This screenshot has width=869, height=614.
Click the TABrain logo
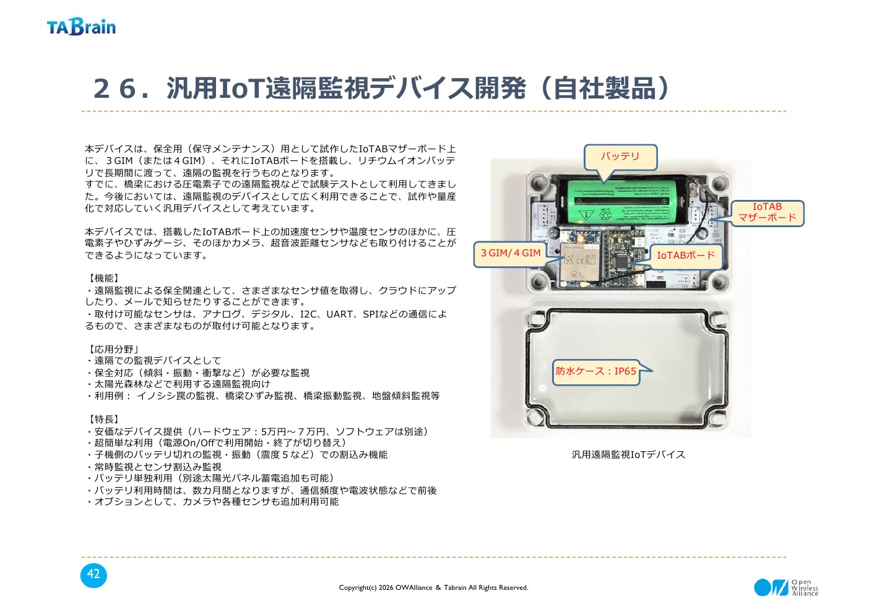(x=81, y=27)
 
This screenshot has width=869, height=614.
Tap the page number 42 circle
(x=93, y=575)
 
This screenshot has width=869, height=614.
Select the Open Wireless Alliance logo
(x=786, y=587)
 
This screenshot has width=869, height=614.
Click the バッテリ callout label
(x=620, y=157)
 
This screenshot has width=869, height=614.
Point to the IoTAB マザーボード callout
(x=767, y=213)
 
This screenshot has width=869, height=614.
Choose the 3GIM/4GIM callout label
(x=511, y=254)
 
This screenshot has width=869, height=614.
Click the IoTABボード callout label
(x=686, y=256)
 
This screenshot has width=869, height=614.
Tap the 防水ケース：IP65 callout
(x=596, y=371)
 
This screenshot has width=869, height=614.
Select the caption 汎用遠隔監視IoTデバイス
(x=628, y=454)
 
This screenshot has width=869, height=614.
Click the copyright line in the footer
(x=433, y=587)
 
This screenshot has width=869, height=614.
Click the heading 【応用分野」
(x=112, y=349)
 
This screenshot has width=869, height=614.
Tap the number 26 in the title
(x=115, y=89)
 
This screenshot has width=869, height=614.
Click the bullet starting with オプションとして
(x=212, y=502)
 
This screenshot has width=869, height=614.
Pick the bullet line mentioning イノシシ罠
(x=262, y=396)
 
